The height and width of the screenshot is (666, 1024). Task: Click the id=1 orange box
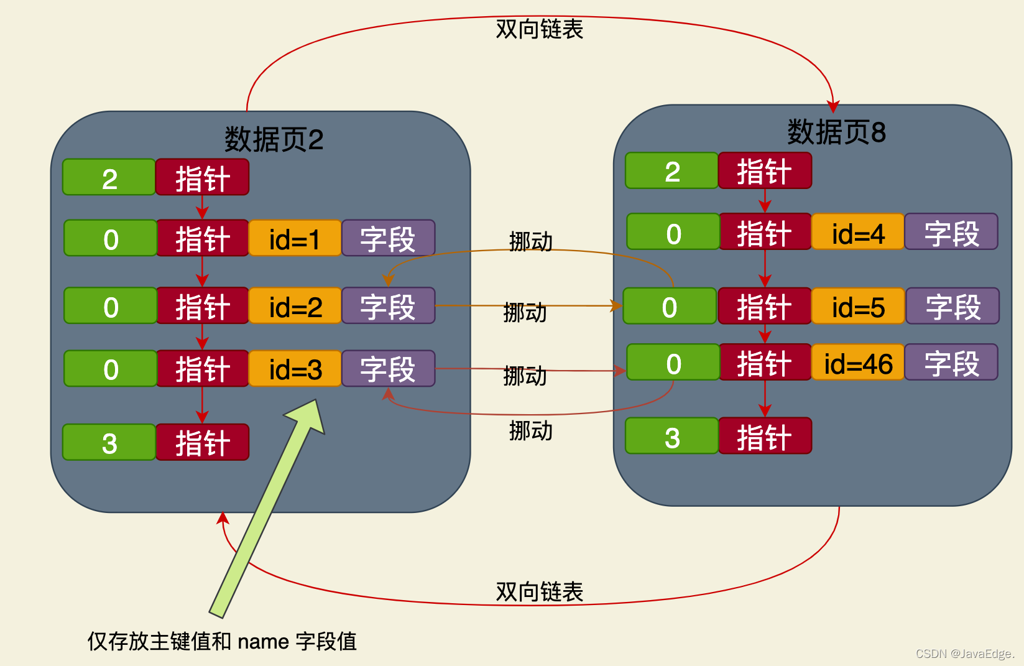[x=295, y=238]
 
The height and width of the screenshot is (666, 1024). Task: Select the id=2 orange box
[x=295, y=306]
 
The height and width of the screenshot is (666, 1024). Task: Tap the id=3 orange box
[x=295, y=369]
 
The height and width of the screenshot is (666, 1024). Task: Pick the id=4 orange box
[x=858, y=233]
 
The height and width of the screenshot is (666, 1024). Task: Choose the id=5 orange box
[x=858, y=307]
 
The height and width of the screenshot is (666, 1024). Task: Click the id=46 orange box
[x=858, y=363]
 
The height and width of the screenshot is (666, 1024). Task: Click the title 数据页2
[x=274, y=139]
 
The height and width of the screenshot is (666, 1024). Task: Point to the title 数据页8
[x=836, y=132]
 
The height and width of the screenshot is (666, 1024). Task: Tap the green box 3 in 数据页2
[x=109, y=443]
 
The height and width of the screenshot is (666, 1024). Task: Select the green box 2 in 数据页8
[x=672, y=171]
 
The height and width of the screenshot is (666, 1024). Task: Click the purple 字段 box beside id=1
[x=388, y=238]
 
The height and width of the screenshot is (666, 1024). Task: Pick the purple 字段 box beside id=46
[x=951, y=363]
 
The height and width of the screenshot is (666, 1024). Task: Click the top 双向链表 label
[x=539, y=29]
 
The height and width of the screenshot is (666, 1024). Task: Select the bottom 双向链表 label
[x=539, y=591]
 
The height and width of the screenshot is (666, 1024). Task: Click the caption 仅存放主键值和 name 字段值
[x=222, y=641]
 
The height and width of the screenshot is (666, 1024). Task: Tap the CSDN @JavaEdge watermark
[x=964, y=654]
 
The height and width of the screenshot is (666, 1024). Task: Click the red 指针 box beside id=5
[x=765, y=307]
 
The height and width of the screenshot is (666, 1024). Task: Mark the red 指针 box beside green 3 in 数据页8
[x=765, y=437]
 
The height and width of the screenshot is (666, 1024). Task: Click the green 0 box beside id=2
[x=111, y=306]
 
